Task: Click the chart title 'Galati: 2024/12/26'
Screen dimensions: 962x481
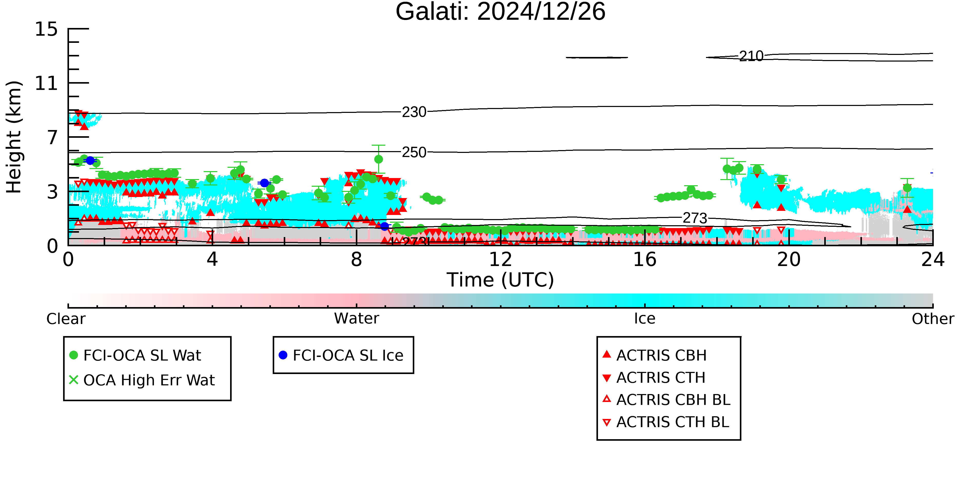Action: point(500,12)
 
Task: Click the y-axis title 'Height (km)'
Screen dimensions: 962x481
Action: point(14,137)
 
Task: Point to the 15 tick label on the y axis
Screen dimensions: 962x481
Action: point(46,29)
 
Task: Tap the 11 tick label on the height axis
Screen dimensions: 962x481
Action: point(46,83)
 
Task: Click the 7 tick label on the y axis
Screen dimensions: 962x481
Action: point(52,138)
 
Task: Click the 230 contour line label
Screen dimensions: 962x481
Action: point(414,112)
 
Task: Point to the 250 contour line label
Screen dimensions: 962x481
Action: point(414,152)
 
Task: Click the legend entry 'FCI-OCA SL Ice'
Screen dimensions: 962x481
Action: point(341,355)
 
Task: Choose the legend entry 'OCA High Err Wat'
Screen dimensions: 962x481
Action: point(142,380)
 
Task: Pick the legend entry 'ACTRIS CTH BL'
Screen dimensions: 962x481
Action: point(666,422)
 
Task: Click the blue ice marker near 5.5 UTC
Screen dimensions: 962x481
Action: point(264,183)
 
